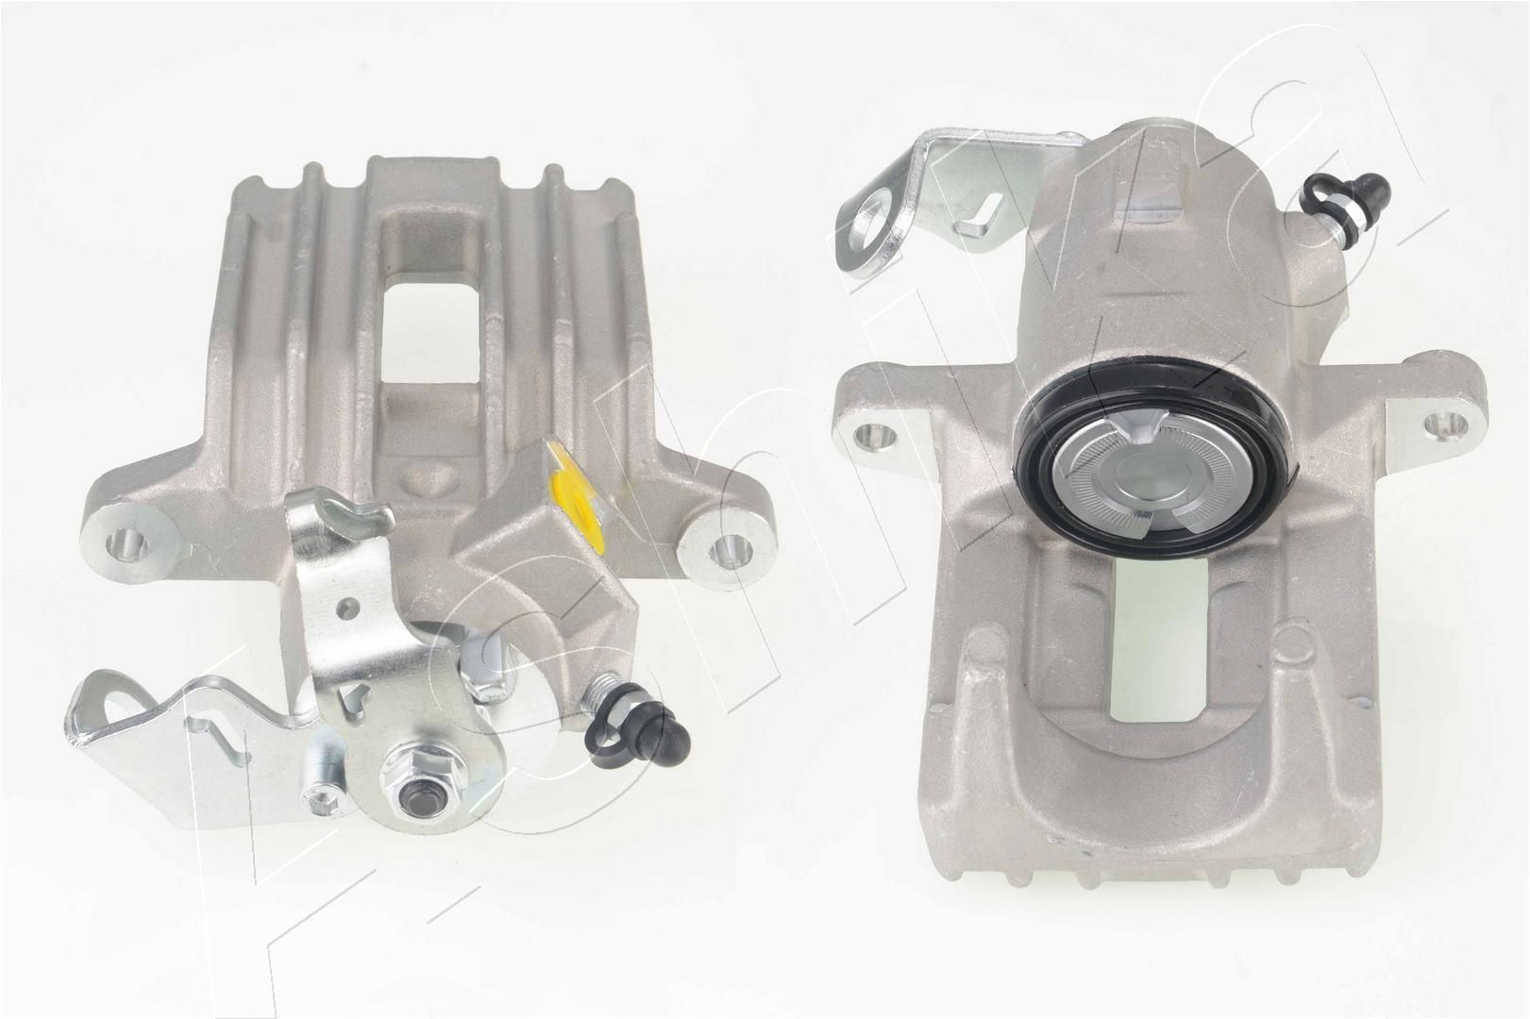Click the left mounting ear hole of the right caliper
coord(873,435)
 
